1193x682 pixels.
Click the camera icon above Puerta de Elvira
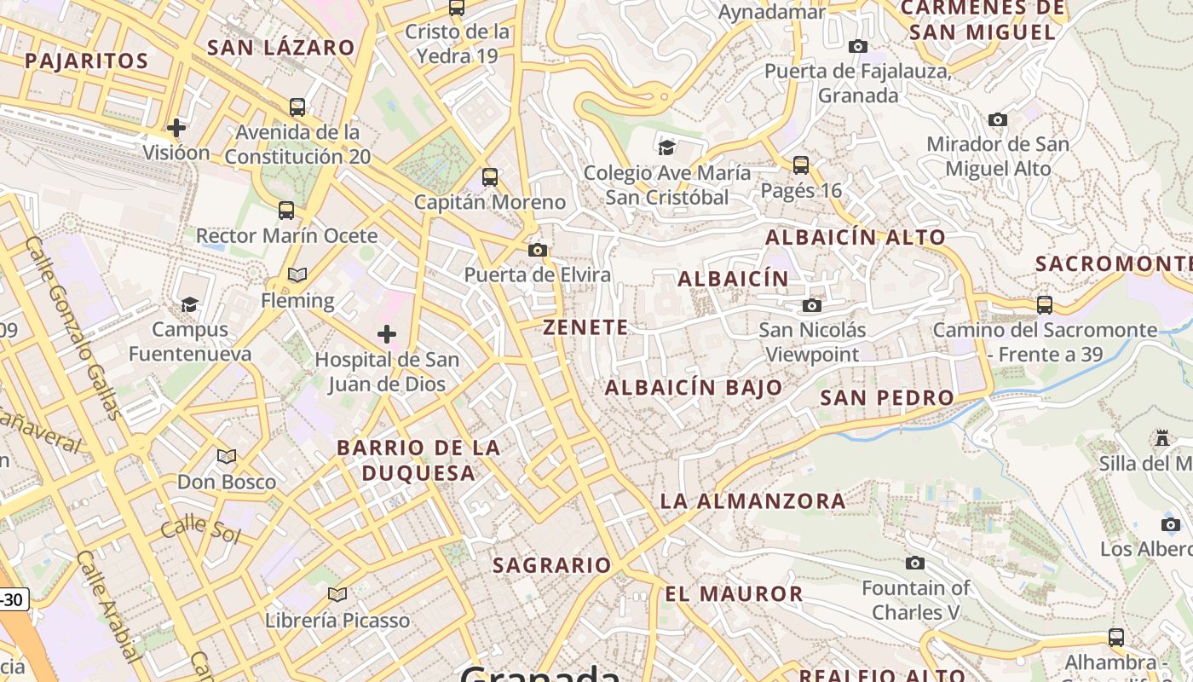(x=538, y=250)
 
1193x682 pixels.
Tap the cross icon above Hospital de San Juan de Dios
(x=387, y=334)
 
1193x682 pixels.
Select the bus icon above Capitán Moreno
(x=490, y=177)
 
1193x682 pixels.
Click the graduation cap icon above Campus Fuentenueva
(x=189, y=304)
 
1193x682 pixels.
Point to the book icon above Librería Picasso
(x=337, y=594)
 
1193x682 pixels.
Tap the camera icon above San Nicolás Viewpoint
(x=812, y=305)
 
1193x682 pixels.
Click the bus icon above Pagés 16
(x=801, y=165)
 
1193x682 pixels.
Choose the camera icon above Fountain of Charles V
(x=915, y=563)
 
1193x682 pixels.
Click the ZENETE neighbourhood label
(x=586, y=327)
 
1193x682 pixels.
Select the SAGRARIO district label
(x=552, y=565)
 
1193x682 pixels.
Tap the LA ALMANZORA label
(x=753, y=501)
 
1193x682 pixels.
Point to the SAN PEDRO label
(x=887, y=398)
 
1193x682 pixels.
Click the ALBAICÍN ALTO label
(x=856, y=238)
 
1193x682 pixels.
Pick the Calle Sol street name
(x=201, y=529)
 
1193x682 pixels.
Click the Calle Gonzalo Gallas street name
(x=73, y=328)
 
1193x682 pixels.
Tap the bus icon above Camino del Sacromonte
(x=1045, y=304)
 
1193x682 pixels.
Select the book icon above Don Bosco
(x=227, y=456)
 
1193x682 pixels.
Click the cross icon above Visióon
(x=176, y=128)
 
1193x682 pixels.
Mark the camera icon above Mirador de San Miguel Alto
(x=998, y=119)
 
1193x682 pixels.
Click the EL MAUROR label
(x=734, y=594)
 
